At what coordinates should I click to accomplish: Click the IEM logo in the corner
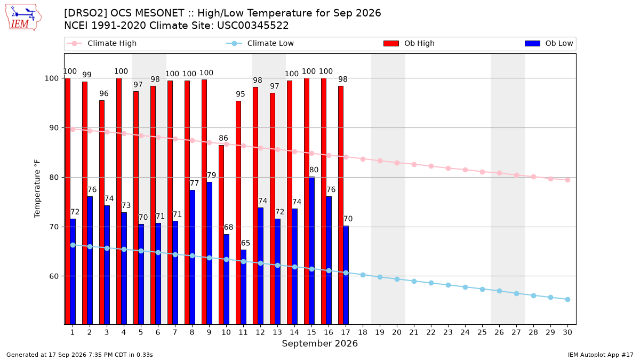pyautogui.click(x=23, y=18)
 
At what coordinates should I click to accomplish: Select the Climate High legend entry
pyautogui.click(x=101, y=43)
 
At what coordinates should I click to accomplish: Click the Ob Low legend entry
pyautogui.click(x=549, y=43)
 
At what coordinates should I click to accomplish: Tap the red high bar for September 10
pyautogui.click(x=221, y=235)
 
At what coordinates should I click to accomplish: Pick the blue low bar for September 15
pyautogui.click(x=311, y=251)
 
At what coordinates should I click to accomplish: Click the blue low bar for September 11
pyautogui.click(x=243, y=287)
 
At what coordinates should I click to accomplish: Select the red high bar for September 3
pyautogui.click(x=102, y=212)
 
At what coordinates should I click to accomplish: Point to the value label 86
pyautogui.click(x=223, y=138)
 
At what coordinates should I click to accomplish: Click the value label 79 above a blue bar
pyautogui.click(x=211, y=175)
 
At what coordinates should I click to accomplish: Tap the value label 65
pyautogui.click(x=245, y=243)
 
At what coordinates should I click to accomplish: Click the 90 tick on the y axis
pyautogui.click(x=54, y=127)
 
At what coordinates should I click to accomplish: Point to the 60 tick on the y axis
pyautogui.click(x=54, y=276)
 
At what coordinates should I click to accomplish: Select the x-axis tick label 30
pyautogui.click(x=567, y=332)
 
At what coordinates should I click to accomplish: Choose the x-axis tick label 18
pyautogui.click(x=363, y=332)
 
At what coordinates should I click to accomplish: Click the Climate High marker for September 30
pyautogui.click(x=567, y=180)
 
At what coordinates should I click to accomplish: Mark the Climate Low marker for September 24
pyautogui.click(x=465, y=287)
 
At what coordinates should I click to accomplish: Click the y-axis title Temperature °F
pyautogui.click(x=37, y=189)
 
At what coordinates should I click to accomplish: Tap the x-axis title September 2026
pyautogui.click(x=319, y=343)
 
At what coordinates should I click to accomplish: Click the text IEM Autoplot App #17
pyautogui.click(x=601, y=355)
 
